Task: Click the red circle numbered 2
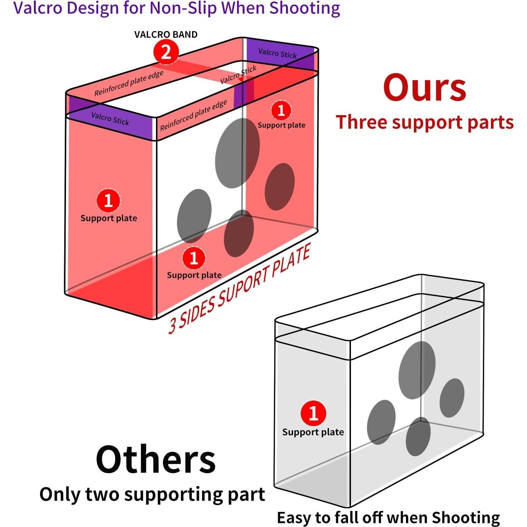tap(166, 52)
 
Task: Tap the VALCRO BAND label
tap(166, 35)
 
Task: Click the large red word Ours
tap(425, 88)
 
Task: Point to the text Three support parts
tap(425, 122)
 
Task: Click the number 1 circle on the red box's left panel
tap(108, 200)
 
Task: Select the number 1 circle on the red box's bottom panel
tap(194, 258)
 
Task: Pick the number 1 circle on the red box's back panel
tap(281, 110)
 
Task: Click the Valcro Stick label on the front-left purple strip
tap(110, 118)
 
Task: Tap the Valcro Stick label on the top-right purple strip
tap(277, 53)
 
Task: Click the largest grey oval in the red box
tap(237, 153)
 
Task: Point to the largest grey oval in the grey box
tap(417, 370)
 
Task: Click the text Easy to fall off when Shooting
tap(388, 518)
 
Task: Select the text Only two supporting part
tap(152, 495)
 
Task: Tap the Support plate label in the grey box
tap(313, 432)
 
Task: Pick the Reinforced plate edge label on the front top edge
tap(194, 115)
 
